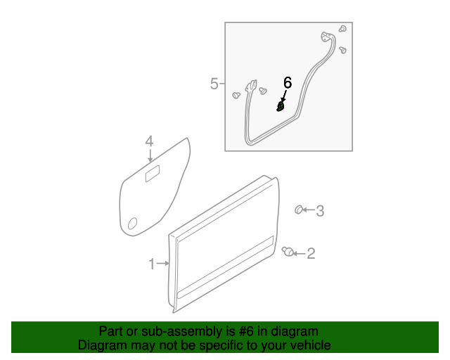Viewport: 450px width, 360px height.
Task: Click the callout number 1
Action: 151,264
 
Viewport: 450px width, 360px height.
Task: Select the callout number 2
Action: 311,254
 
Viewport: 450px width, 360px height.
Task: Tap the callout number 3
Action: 320,210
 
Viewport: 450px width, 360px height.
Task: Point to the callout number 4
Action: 149,142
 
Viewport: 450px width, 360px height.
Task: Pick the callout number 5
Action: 214,84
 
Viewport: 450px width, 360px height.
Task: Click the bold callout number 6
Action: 287,83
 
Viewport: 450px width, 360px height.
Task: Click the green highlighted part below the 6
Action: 281,107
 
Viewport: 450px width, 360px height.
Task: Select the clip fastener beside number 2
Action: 287,252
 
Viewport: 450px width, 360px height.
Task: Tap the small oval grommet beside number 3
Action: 299,209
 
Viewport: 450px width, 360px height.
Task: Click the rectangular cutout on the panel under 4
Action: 153,175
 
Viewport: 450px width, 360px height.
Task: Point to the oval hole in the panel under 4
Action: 132,224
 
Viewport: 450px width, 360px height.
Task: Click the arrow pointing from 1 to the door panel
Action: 163,264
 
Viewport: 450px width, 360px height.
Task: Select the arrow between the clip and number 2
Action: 298,254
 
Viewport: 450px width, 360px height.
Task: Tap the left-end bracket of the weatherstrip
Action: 250,88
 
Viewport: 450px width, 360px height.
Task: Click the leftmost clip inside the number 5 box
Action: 236,95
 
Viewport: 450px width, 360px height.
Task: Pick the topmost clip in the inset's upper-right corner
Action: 342,30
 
